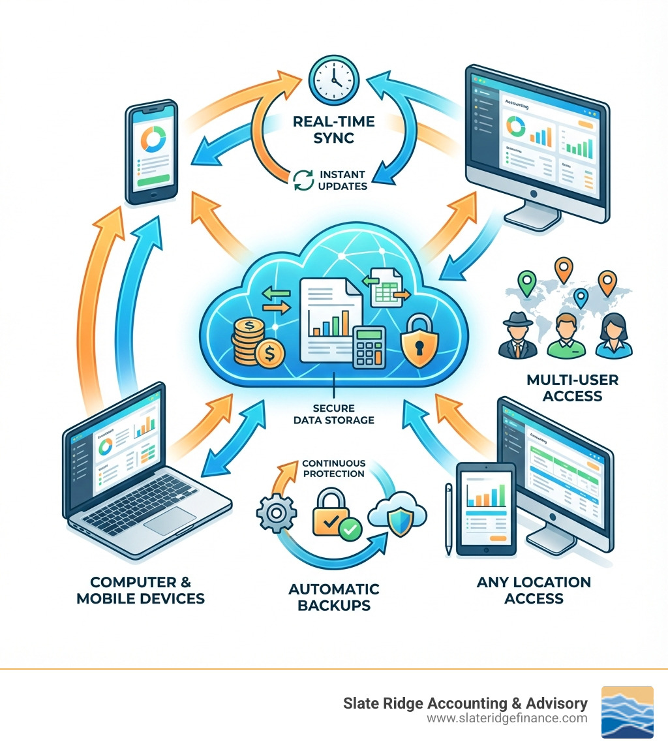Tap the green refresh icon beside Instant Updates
pos(302,180)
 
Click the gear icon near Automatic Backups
pos(277,515)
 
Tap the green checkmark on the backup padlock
pos(350,530)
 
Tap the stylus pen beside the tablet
pos(448,519)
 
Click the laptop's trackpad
pos(171,519)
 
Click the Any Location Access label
pos(534,589)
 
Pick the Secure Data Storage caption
pos(334,414)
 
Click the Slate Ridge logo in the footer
pos(626,712)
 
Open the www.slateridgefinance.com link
pos(508,718)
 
